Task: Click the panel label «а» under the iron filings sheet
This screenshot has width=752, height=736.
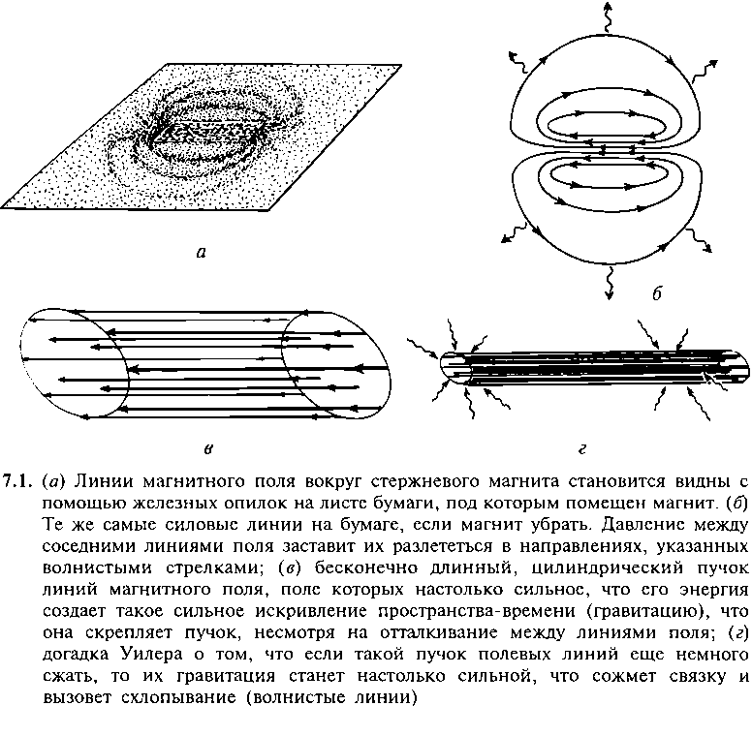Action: tap(202, 253)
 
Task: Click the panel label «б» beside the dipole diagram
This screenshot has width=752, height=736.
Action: tap(658, 292)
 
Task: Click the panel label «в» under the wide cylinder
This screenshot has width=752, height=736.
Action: tap(208, 449)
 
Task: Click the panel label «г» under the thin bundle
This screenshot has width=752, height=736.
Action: tap(582, 449)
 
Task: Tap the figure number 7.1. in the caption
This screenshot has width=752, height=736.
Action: tap(17, 481)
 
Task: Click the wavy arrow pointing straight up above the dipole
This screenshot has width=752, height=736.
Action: tap(608, 16)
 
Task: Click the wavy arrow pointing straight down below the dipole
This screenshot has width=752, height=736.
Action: tap(610, 284)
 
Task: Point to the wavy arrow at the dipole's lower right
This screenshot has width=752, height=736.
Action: tap(700, 239)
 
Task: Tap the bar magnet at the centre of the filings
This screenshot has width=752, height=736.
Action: tap(207, 132)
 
